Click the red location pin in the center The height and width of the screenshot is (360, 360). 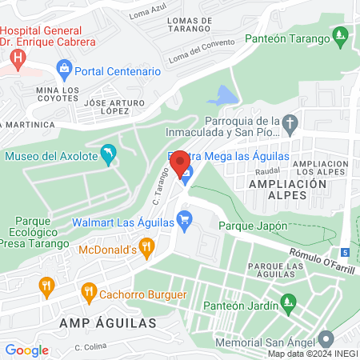181,164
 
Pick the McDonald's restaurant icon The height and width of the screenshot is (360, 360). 146,248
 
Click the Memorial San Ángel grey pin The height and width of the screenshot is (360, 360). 325,339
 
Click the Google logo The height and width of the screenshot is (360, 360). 26,350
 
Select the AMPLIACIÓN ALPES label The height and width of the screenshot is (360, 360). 289,183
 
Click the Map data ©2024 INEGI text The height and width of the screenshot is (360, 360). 311,354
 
